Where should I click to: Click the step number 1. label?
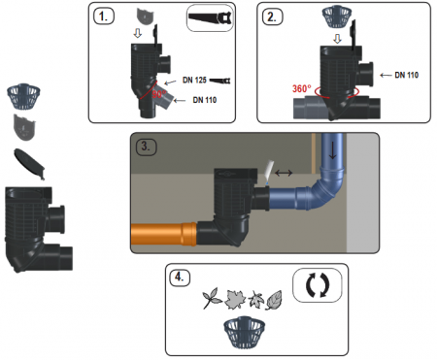104,16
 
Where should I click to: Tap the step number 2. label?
272,16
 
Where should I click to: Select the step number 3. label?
146,147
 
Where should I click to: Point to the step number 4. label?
180,278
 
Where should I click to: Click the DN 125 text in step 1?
194,80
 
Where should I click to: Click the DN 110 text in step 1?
205,100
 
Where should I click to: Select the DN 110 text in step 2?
407,75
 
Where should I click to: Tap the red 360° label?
302,88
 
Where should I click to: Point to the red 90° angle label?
159,94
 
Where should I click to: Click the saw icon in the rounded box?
211,17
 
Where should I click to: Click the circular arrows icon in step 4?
318,285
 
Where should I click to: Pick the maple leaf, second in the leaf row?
235,299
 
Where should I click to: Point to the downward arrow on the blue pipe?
332,150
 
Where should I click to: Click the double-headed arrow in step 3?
284,174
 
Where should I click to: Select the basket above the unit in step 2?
337,17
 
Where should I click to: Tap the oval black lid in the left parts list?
29,163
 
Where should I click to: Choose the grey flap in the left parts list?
24,127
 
